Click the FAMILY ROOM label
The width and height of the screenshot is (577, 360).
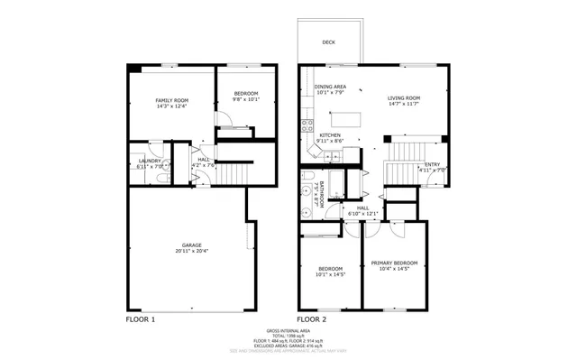171,100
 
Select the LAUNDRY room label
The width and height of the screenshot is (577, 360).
150,161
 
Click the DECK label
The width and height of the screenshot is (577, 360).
329,42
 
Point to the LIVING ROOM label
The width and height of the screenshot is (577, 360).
405,98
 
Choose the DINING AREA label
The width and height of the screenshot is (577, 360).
330,87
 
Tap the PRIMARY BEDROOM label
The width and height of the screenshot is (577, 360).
394,263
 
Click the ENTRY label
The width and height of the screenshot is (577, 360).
432,164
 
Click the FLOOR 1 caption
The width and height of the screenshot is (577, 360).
140,319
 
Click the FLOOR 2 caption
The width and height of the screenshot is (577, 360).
312,319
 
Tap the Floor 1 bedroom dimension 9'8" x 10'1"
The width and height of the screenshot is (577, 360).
245,100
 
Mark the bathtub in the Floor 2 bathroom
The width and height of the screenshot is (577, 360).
337,186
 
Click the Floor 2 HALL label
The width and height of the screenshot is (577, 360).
362,208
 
